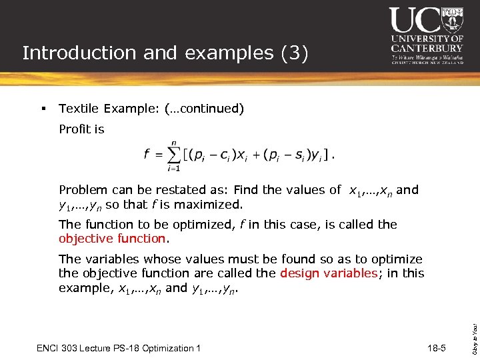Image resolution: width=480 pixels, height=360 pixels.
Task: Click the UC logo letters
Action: pyautogui.click(x=414, y=21)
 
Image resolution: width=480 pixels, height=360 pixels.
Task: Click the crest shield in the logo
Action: pyautogui.click(x=452, y=20)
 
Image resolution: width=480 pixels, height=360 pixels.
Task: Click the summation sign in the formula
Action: pyautogui.click(x=173, y=156)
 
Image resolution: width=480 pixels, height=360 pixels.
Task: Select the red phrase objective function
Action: pyautogui.click(x=111, y=239)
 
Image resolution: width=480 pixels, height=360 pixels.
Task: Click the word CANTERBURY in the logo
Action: pyautogui.click(x=426, y=48)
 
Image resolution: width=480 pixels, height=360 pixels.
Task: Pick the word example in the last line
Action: pyautogui.click(x=82, y=288)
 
